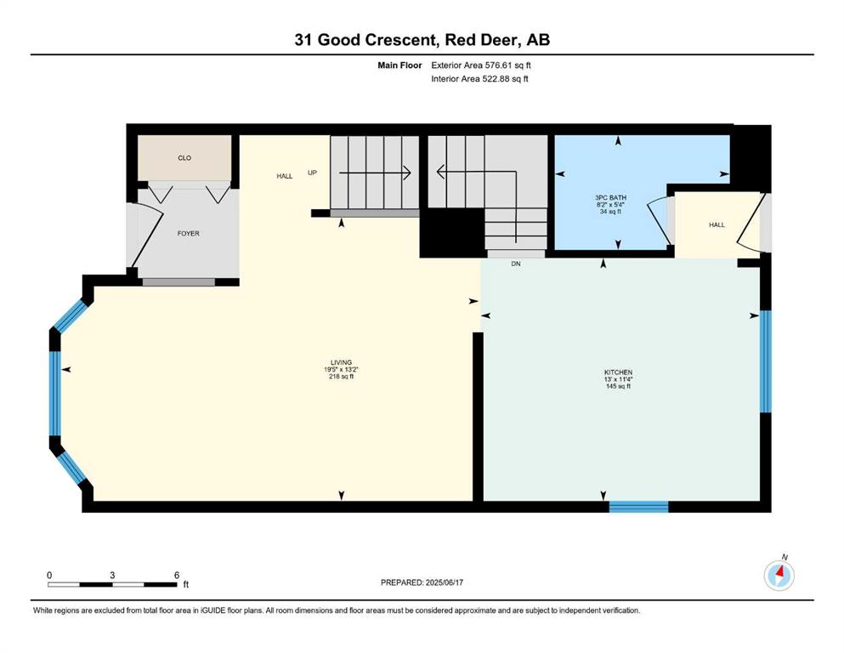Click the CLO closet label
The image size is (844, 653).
pyautogui.click(x=184, y=158)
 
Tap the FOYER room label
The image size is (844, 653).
pyautogui.click(x=189, y=234)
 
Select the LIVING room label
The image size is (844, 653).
pyautogui.click(x=342, y=363)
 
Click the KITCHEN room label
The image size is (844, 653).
pyautogui.click(x=618, y=372)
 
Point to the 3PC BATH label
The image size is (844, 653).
pyautogui.click(x=611, y=198)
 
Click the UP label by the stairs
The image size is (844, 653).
pyautogui.click(x=312, y=173)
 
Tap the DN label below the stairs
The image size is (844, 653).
pyautogui.click(x=516, y=264)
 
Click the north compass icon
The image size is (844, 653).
pyautogui.click(x=779, y=575)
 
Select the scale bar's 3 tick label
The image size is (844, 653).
pyautogui.click(x=112, y=576)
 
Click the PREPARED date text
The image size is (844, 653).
pyautogui.click(x=422, y=582)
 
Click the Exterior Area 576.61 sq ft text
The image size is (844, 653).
pyautogui.click(x=481, y=65)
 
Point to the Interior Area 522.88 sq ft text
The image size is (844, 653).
pyautogui.click(x=479, y=79)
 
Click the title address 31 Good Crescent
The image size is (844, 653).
pyautogui.click(x=365, y=40)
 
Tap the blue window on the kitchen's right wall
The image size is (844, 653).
pyautogui.click(x=766, y=361)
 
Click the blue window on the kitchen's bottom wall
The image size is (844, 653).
pyautogui.click(x=638, y=507)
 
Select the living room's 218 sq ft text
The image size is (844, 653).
pyautogui.click(x=342, y=377)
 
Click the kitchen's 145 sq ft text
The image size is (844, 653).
pyautogui.click(x=618, y=386)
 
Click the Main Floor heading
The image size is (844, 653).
pyautogui.click(x=399, y=65)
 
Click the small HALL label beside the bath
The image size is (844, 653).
pyautogui.click(x=717, y=225)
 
